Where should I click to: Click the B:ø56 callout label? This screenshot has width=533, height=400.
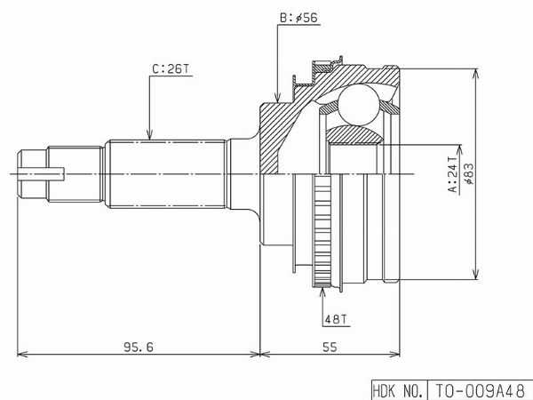pyautogui.click(x=299, y=18)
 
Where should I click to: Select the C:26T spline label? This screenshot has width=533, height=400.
pyautogui.click(x=171, y=69)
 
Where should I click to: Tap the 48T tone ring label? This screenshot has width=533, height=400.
pyautogui.click(x=336, y=319)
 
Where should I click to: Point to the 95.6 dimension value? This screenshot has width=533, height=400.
pyautogui.click(x=139, y=347)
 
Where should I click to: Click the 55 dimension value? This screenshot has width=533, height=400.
pyautogui.click(x=330, y=347)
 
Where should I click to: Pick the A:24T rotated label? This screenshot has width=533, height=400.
pyautogui.click(x=453, y=174)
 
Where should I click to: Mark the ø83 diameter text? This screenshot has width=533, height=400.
pyautogui.click(x=469, y=174)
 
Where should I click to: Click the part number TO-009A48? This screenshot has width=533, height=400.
pyautogui.click(x=480, y=390)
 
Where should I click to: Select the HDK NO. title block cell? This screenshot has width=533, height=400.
pyautogui.click(x=399, y=390)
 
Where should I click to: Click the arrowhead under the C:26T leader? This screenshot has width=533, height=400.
pyautogui.click(x=149, y=134)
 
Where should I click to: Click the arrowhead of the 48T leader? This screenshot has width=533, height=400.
pyautogui.click(x=322, y=292)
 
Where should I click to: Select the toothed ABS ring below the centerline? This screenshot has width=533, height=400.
pyautogui.click(x=322, y=230)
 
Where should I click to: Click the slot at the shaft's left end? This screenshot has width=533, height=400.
pyautogui.click(x=41, y=174)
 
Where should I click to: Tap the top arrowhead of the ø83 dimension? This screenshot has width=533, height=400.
pyautogui.click(x=476, y=74)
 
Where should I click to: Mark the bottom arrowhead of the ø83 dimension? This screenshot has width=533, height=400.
pyautogui.click(x=476, y=275)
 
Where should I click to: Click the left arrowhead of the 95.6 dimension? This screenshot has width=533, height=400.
pyautogui.click(x=22, y=354)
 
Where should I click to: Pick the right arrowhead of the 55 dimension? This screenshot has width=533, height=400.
pyautogui.click(x=394, y=354)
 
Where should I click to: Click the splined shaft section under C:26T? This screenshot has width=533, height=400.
pyautogui.click(x=165, y=173)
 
